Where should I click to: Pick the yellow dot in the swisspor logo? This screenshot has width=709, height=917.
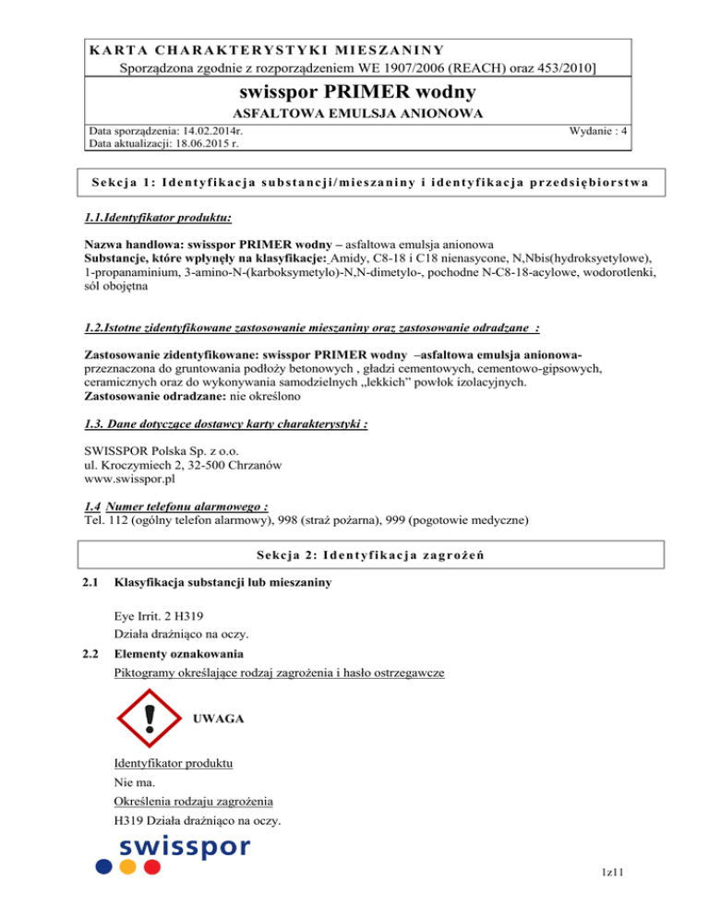pyautogui.click(x=128, y=867)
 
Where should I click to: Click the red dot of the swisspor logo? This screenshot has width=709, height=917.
pyautogui.click(x=151, y=867)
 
